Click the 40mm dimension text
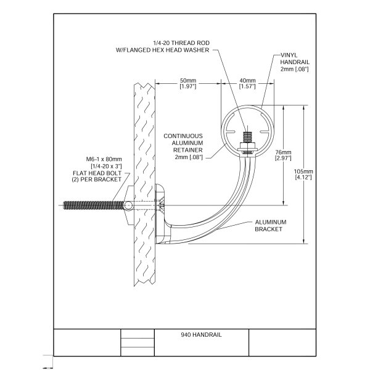pos(247,80)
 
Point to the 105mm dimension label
pos(303,171)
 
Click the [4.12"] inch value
pos(303,177)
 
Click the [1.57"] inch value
pos(247,86)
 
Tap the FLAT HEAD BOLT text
pos(99,173)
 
